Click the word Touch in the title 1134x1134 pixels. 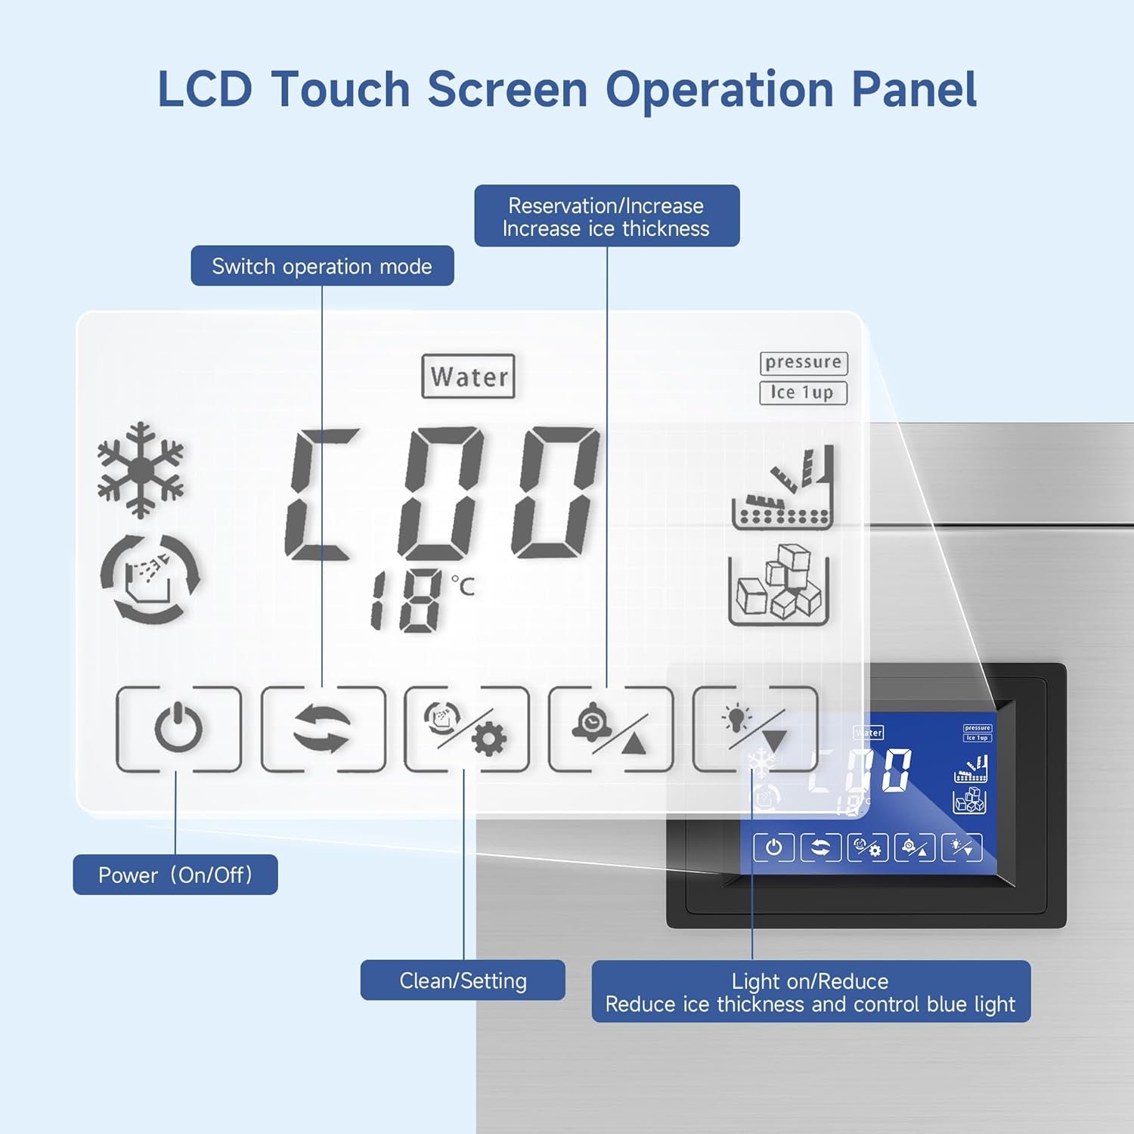click(339, 89)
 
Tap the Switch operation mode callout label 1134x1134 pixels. click(322, 266)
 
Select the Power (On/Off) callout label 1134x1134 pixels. click(175, 875)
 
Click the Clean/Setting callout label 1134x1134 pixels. click(463, 981)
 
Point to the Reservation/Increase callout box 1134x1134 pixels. click(606, 216)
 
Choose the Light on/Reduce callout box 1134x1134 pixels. click(810, 992)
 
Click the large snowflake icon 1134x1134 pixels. click(141, 470)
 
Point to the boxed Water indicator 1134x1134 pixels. click(469, 376)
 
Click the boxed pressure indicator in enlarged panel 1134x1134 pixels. click(804, 363)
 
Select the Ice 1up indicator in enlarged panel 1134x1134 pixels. click(803, 393)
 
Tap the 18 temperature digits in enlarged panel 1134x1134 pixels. click(405, 601)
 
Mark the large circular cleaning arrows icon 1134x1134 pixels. click(150, 579)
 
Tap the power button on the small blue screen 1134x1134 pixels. click(773, 847)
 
